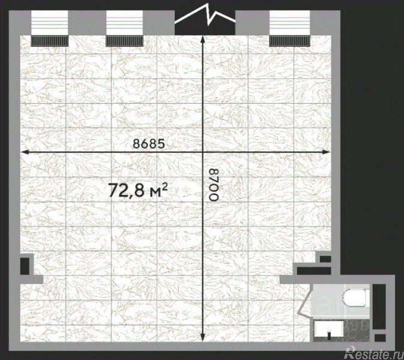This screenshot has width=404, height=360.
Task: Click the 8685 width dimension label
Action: point(149,144)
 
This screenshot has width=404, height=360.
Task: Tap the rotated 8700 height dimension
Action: point(214,184)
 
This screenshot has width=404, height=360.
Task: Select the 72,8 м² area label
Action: point(138,190)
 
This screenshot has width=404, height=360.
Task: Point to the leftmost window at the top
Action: point(49,23)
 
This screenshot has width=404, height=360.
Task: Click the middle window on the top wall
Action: point(124,23)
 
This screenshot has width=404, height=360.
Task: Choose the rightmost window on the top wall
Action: point(289,23)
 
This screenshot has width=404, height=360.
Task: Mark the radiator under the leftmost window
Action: point(49,41)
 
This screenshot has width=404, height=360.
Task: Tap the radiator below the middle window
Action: point(124,41)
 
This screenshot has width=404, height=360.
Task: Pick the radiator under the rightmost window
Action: point(289,41)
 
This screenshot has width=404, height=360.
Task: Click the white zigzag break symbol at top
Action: point(205,16)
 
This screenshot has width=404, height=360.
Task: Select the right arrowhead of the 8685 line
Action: point(326,152)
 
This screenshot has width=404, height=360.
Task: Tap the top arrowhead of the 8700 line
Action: point(203,40)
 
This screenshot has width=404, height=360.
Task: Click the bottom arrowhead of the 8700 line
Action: point(203,337)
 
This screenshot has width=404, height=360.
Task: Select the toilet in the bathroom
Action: point(356,298)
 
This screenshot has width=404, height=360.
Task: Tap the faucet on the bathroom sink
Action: point(329,334)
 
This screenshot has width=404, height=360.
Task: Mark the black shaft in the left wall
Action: point(25,266)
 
